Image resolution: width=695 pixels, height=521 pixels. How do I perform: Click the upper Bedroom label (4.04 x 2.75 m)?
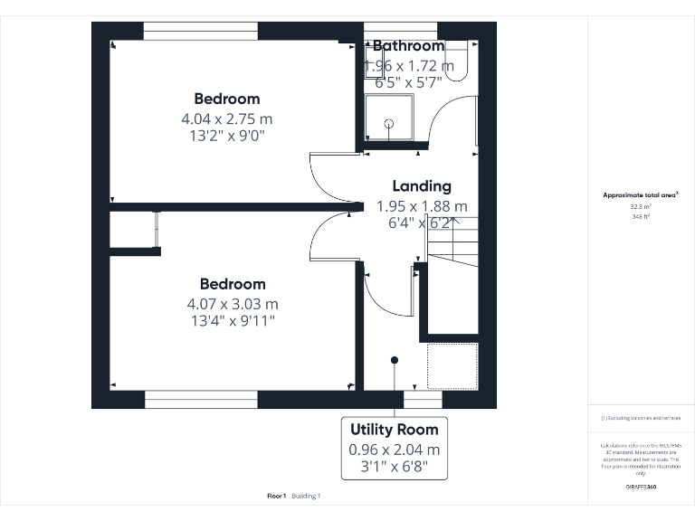[226, 99]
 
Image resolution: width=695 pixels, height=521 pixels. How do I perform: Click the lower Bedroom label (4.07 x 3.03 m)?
[233, 284]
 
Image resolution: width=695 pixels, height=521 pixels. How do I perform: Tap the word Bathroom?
[408, 45]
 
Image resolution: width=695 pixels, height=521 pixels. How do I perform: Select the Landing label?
[421, 186]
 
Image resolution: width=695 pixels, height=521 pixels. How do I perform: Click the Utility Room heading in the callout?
[394, 429]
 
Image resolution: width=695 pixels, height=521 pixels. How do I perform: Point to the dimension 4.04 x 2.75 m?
[226, 118]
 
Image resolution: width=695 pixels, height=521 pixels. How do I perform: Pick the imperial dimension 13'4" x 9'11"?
[233, 320]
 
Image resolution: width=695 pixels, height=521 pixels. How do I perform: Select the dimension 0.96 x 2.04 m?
[394, 450]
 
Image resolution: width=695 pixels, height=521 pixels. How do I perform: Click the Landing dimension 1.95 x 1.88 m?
[422, 206]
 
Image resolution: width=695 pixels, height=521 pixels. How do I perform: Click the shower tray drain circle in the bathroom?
[389, 123]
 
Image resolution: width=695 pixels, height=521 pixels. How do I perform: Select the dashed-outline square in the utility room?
[452, 365]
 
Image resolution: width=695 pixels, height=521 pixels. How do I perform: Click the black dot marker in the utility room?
[395, 360]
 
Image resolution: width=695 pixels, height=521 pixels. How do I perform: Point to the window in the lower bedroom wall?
[201, 399]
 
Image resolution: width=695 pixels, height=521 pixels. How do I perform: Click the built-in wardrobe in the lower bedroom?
[133, 229]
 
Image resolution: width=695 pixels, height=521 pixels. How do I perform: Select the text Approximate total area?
[639, 194]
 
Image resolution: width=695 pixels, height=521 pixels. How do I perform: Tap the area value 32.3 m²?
[641, 206]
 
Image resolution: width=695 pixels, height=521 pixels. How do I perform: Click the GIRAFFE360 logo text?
[641, 488]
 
